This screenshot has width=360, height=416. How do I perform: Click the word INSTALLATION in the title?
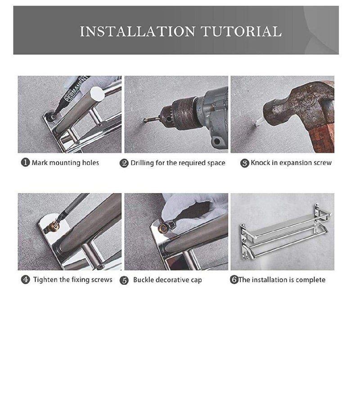click(138, 31)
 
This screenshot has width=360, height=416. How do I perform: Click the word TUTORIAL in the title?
click(241, 31)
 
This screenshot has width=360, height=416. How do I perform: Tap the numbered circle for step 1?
click(25, 162)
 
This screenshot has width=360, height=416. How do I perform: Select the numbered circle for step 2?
click(124, 163)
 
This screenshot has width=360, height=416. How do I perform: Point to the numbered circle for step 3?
click(244, 163)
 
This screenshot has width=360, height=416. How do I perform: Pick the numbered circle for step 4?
click(26, 280)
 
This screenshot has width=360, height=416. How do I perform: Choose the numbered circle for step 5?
click(124, 280)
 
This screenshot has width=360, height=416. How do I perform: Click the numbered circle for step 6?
click(234, 280)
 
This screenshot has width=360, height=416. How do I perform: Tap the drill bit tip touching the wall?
click(145, 121)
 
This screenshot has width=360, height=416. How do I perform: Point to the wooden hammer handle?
click(324, 138)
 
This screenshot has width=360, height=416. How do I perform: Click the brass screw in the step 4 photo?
click(54, 226)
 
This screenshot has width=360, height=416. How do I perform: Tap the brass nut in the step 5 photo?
click(162, 228)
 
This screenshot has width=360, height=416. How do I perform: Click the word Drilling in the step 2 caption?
click(142, 163)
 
